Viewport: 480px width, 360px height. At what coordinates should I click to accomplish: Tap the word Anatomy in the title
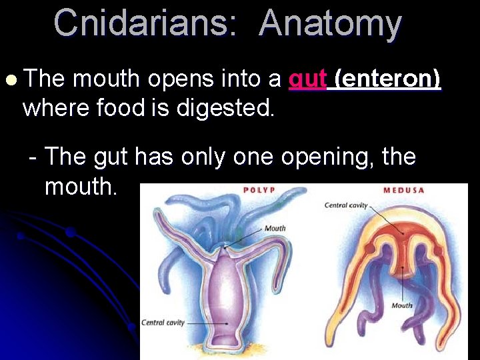tap(330, 23)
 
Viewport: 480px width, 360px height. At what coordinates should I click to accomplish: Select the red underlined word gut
tap(307, 79)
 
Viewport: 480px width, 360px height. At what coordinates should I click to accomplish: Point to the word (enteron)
tap(387, 79)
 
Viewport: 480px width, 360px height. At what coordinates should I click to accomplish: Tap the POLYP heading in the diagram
tap(259, 190)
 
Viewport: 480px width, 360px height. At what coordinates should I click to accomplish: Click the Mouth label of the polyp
tap(275, 229)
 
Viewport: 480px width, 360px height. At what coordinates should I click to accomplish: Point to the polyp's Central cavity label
tap(163, 323)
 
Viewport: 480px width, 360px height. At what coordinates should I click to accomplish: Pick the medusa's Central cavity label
tap(346, 205)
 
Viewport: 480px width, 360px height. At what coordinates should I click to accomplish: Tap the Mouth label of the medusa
tap(401, 305)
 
